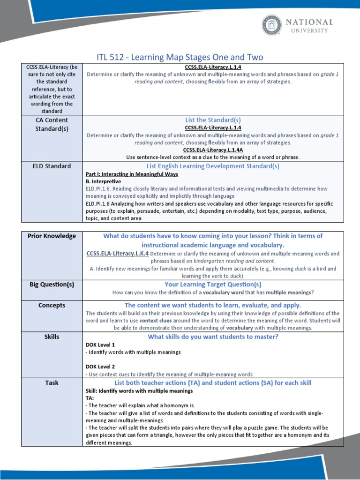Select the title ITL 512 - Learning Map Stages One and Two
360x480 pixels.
click(x=180, y=57)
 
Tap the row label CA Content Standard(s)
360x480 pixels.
click(x=52, y=124)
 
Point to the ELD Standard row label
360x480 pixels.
click(x=52, y=166)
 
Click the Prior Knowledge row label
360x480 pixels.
click(x=52, y=236)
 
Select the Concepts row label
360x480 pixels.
click(x=52, y=305)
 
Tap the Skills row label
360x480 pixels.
click(x=52, y=337)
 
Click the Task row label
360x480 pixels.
click(x=52, y=382)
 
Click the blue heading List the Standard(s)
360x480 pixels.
click(x=213, y=120)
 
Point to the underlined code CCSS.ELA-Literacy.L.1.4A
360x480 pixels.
click(x=213, y=150)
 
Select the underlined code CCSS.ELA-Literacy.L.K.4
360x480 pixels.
click(x=117, y=254)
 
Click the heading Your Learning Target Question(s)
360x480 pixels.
click(x=213, y=284)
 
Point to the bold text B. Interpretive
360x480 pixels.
click(x=103, y=181)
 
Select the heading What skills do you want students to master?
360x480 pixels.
click(x=213, y=337)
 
